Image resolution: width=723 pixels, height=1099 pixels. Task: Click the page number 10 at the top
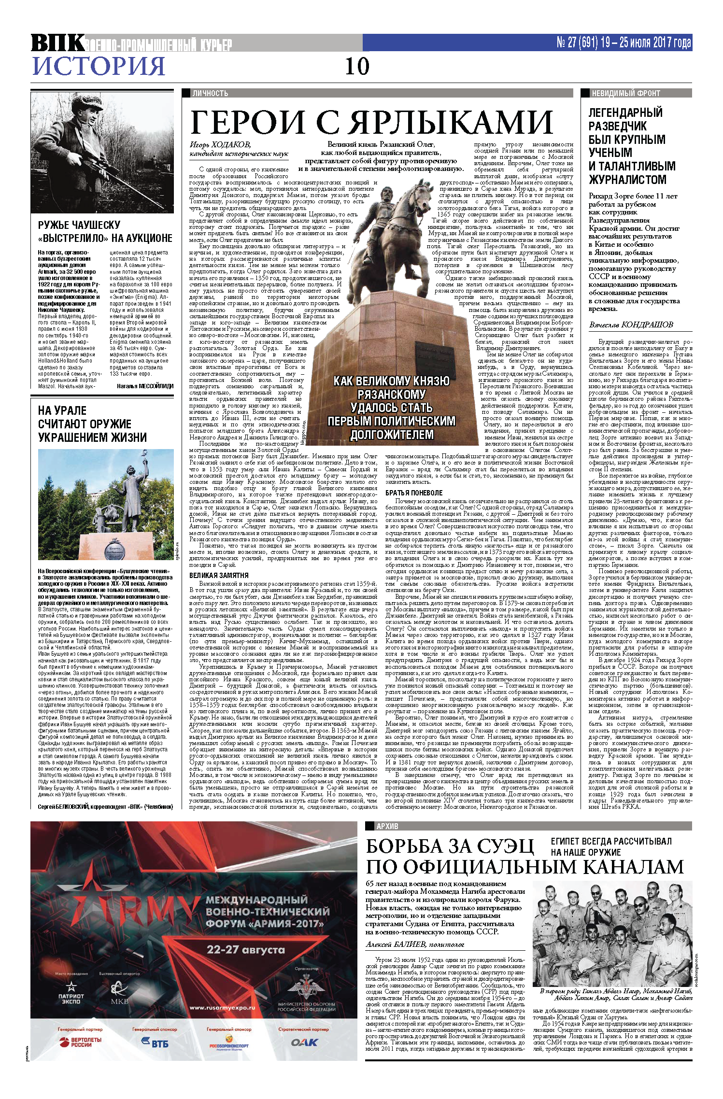pos(357,67)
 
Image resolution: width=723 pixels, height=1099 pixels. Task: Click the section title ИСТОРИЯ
pos(99,66)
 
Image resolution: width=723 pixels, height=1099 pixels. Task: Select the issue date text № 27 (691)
pos(578,43)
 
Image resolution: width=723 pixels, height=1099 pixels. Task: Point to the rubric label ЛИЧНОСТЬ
pos(210,93)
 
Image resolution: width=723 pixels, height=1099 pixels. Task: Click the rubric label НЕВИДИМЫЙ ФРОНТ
pos(625,93)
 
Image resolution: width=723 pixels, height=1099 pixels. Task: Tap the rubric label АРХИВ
pos(387,826)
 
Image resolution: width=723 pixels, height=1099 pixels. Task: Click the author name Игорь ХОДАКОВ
pos(220,144)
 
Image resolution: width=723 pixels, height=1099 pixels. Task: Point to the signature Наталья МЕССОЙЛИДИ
pos(145,386)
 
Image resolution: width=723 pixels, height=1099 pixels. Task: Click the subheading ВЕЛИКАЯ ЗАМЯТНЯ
pos(219,576)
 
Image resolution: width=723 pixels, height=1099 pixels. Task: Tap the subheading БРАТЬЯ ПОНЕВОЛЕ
pos(414,493)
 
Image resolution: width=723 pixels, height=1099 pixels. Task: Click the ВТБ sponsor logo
pos(155,1043)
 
